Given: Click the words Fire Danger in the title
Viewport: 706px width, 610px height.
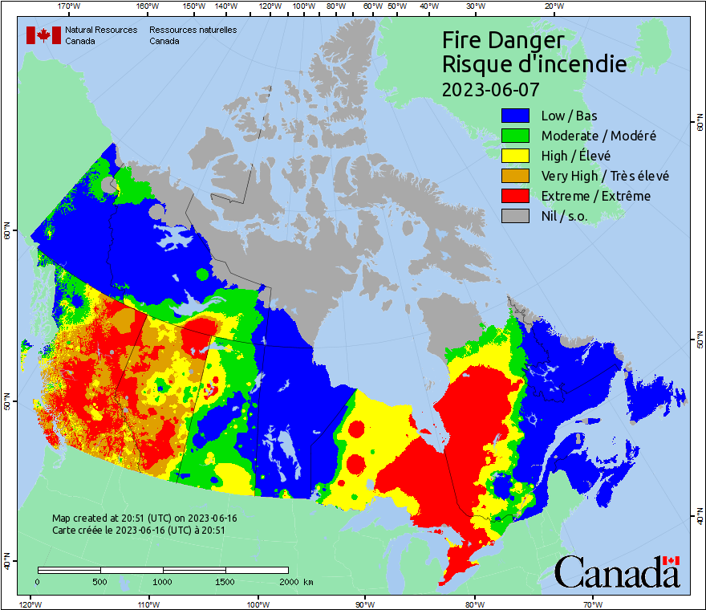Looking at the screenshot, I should tap(503, 40).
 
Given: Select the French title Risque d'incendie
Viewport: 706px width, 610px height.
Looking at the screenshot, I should tap(534, 64).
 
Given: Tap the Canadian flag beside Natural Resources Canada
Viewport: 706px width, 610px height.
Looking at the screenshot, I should tap(43, 35).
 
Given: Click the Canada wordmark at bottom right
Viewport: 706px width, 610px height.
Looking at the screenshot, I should tap(617, 572).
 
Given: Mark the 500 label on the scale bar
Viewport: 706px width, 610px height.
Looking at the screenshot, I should tap(100, 581).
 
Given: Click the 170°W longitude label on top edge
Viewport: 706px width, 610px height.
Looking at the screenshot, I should tap(70, 6).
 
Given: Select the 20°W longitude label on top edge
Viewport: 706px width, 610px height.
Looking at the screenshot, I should tap(552, 6).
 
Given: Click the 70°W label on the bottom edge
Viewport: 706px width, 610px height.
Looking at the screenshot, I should tap(593, 604).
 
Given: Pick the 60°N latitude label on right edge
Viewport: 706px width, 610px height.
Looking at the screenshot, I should tap(699, 124).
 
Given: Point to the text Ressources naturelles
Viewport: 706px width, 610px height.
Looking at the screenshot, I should tap(186, 30).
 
